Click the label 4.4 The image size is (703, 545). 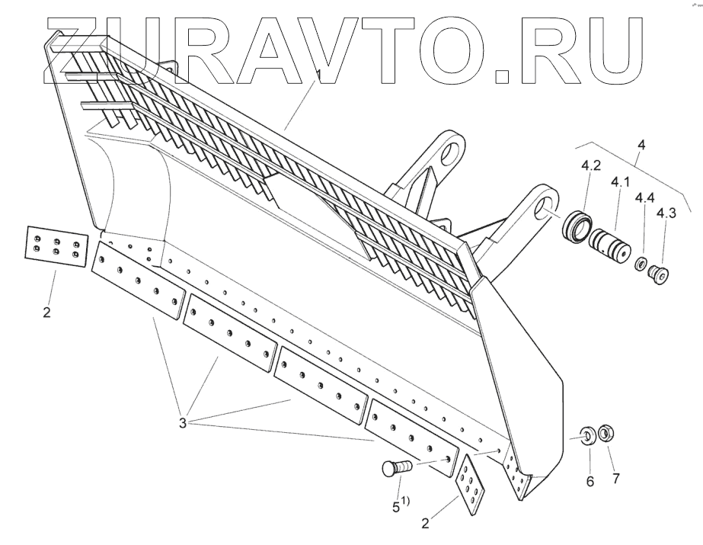pos(644,197)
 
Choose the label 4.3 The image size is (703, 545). pos(666,213)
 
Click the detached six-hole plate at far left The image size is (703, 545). pos(53,247)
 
